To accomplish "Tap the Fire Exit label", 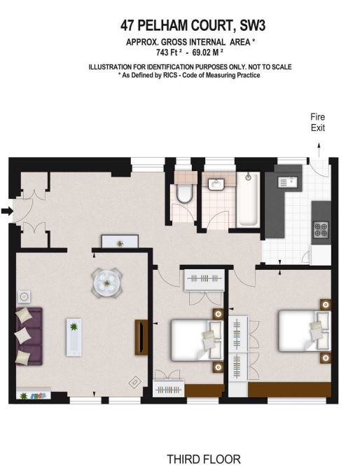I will tap(318, 123).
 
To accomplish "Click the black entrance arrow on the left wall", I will tap(6, 210).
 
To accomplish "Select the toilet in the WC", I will tap(184, 192).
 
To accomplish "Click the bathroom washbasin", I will tap(218, 184).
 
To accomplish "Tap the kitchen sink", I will tap(288, 183).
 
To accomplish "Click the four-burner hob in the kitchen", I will tap(321, 228).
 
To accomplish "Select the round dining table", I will tap(107, 282).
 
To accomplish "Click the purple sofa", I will tap(28, 336).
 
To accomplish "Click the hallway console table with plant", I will tap(120, 242).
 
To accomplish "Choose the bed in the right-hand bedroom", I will tap(303, 331).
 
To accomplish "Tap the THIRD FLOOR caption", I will tap(203, 460).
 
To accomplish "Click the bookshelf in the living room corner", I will tap(34, 395).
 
